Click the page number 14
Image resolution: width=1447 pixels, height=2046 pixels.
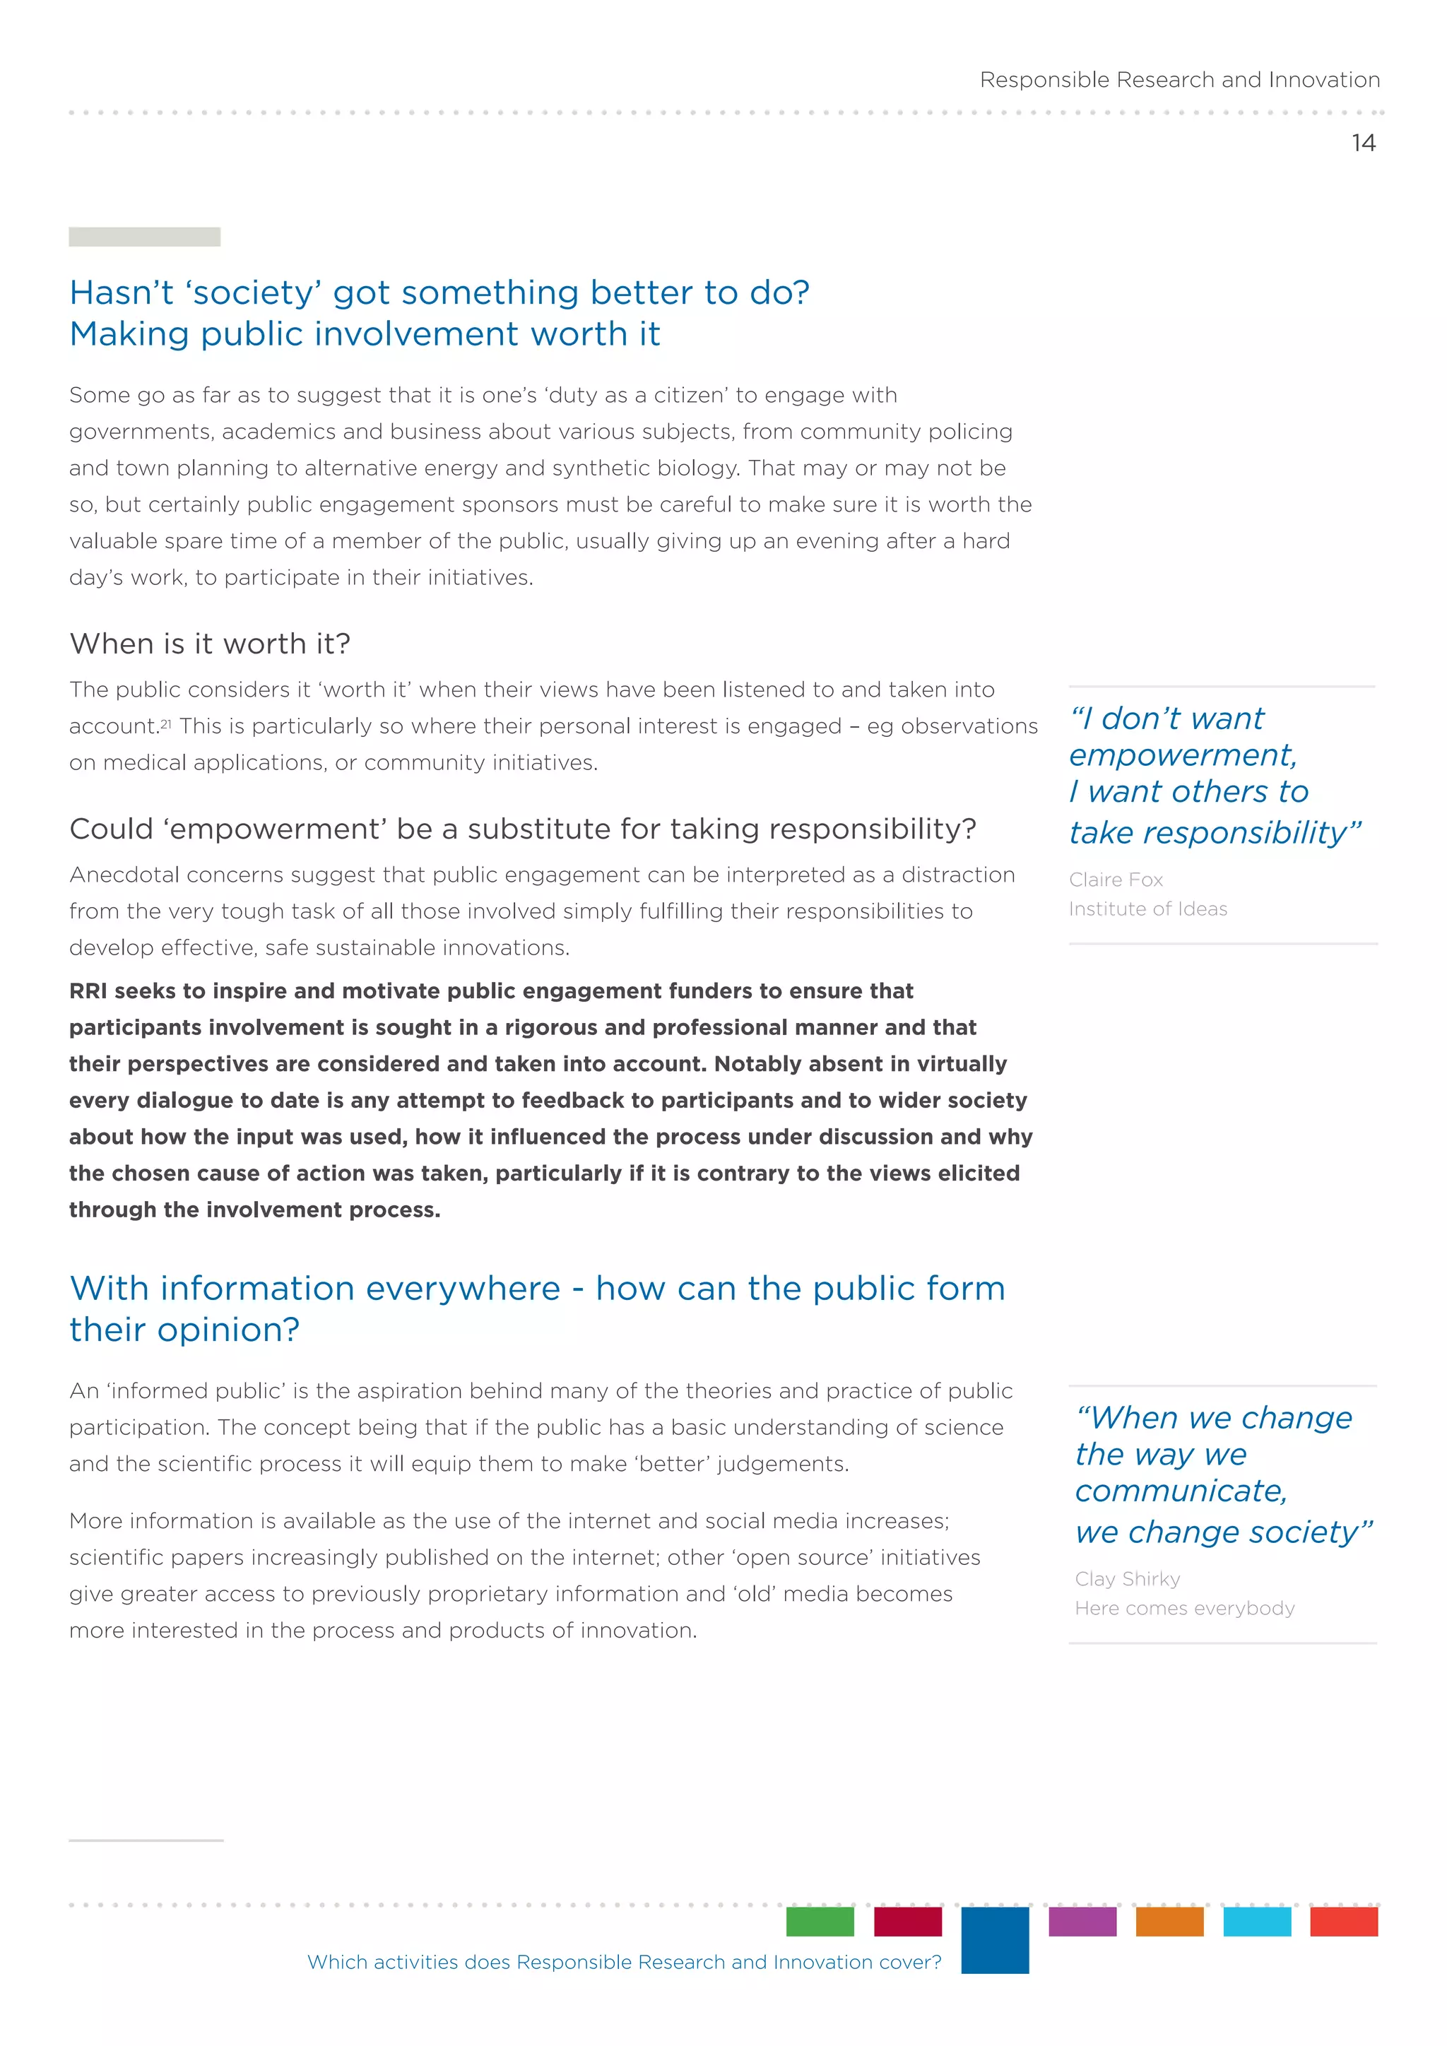pos(1363,143)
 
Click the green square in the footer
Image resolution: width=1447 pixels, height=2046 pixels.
pos(820,1921)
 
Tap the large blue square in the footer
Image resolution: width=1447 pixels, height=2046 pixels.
pos(994,1939)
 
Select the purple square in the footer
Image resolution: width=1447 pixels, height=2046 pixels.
pos(1082,1921)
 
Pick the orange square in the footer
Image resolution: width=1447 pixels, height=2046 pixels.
pos(1169,1921)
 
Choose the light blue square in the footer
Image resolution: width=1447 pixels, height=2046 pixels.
pos(1256,1921)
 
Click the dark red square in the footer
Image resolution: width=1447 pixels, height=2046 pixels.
pos(907,1921)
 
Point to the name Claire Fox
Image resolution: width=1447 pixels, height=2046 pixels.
pos(1116,880)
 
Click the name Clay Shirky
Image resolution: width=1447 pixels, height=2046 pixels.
pos(1127,1578)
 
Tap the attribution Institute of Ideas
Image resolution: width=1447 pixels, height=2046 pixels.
pos(1147,909)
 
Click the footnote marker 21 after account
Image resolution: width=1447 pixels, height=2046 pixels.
pos(166,723)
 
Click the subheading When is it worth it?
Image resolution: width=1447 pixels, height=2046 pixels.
pos(211,644)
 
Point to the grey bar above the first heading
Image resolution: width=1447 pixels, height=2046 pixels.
pos(144,237)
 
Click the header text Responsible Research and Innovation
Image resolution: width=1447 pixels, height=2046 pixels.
pos(1180,81)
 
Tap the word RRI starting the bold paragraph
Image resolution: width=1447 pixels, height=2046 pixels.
pos(88,991)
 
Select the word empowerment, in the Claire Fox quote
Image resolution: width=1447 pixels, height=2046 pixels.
pos(1182,756)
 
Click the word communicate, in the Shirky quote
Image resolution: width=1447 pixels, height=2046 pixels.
pos(1181,1491)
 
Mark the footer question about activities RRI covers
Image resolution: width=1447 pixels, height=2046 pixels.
pos(624,1962)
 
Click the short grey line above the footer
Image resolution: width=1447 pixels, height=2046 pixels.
pos(146,1840)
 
